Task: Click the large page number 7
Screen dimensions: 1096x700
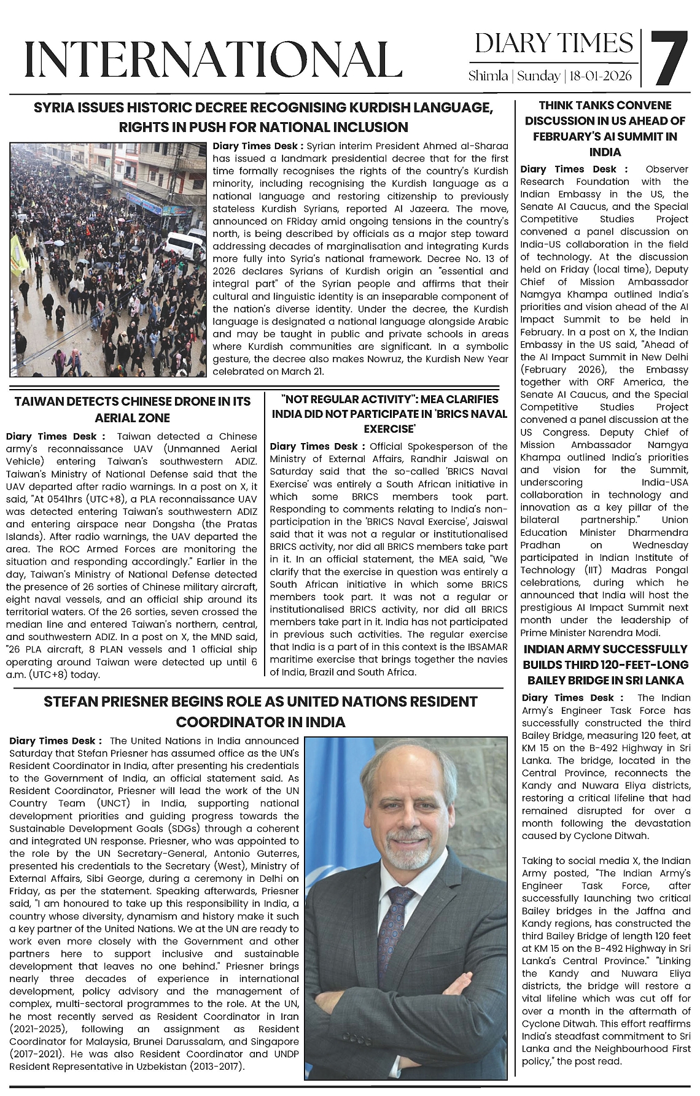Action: pyautogui.click(x=667, y=58)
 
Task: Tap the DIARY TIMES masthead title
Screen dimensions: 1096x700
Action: pyautogui.click(x=554, y=44)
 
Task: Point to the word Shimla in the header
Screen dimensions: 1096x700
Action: pyautogui.click(x=488, y=76)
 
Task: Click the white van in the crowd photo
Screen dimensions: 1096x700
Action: pyautogui.click(x=185, y=245)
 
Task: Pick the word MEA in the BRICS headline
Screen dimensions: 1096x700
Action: pyautogui.click(x=424, y=399)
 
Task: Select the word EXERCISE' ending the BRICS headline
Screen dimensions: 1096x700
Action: pyautogui.click(x=389, y=428)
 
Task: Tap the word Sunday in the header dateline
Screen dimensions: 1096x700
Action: pyautogui.click(x=539, y=76)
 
